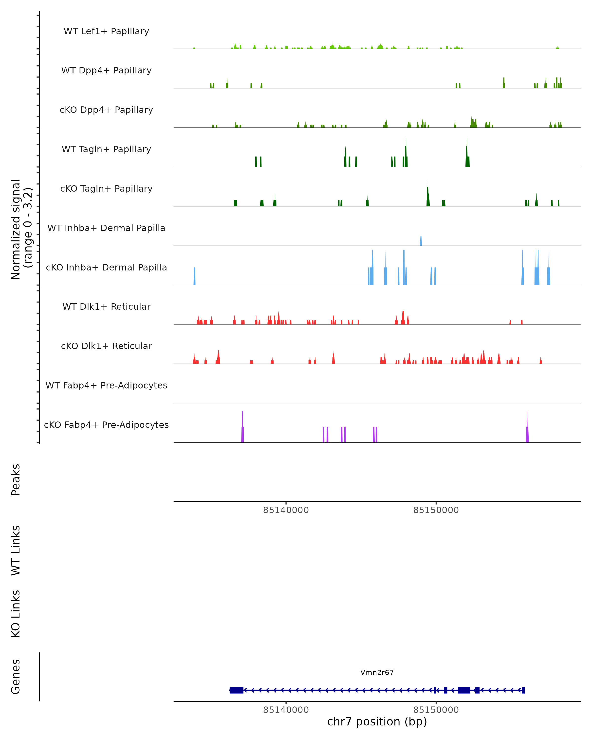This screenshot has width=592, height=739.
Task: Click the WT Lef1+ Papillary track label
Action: [x=106, y=31]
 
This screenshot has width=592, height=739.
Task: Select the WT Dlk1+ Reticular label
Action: [x=106, y=306]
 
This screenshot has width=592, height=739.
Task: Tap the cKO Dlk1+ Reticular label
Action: [x=106, y=346]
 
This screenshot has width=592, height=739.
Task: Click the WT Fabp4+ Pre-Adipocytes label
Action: [x=106, y=385]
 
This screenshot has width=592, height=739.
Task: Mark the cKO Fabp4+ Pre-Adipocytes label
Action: [x=106, y=425]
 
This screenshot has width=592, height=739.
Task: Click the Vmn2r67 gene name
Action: [x=377, y=672]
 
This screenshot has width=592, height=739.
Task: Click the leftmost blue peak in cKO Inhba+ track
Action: [x=195, y=276]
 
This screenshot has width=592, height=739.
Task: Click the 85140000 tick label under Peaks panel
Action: [x=286, y=510]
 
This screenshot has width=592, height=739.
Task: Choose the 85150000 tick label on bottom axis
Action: [x=436, y=710]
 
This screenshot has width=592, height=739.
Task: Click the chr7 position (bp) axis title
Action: [x=377, y=722]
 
